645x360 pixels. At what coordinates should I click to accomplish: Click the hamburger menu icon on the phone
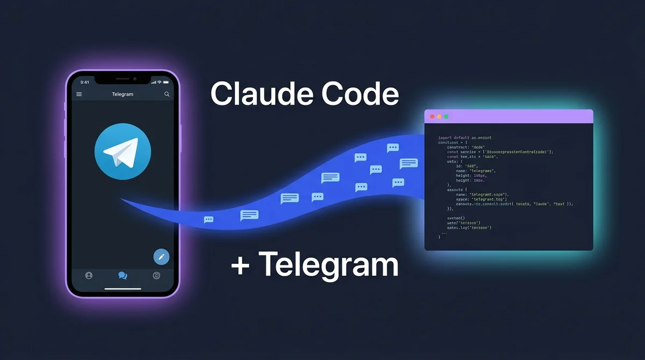pyautogui.click(x=80, y=94)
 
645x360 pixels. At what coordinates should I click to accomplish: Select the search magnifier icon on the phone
pyautogui.click(x=167, y=94)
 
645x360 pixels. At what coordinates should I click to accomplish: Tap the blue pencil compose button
pyautogui.click(x=161, y=257)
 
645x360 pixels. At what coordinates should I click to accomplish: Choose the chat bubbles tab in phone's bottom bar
pyautogui.click(x=123, y=276)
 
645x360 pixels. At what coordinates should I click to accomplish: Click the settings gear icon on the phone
pyautogui.click(x=156, y=276)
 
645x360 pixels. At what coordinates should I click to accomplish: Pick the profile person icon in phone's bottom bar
pyautogui.click(x=89, y=276)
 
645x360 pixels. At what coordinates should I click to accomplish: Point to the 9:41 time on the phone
pyautogui.click(x=85, y=82)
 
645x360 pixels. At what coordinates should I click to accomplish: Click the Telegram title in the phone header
pyautogui.click(x=123, y=94)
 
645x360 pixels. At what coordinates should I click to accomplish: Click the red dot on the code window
pyautogui.click(x=431, y=117)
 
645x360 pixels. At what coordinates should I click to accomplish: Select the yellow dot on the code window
pyautogui.click(x=439, y=117)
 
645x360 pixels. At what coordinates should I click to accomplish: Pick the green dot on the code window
pyautogui.click(x=446, y=117)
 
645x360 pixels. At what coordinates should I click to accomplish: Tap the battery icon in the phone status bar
pyautogui.click(x=167, y=82)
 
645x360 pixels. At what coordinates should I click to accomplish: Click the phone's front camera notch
pyautogui.click(x=123, y=79)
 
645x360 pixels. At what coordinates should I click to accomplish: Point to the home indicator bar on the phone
pyautogui.click(x=123, y=289)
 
